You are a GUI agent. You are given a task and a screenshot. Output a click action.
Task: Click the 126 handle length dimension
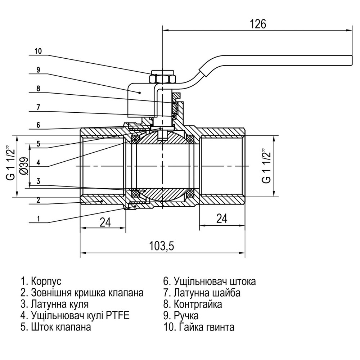pyautogui.click(x=258, y=24)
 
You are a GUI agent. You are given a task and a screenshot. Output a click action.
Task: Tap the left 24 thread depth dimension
pyautogui.click(x=104, y=222)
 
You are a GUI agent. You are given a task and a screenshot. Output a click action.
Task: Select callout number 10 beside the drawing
pyautogui.click(x=38, y=51)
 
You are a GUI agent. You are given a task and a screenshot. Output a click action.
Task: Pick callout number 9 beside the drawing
pyautogui.click(x=38, y=70)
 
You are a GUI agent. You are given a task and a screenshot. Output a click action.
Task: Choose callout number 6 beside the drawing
pyautogui.click(x=38, y=125)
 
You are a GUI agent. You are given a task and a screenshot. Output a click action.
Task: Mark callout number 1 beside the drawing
pyautogui.click(x=38, y=218)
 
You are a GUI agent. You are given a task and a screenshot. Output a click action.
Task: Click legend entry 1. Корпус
pyautogui.click(x=41, y=281)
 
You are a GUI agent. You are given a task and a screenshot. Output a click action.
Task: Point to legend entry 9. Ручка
pyautogui.click(x=181, y=316)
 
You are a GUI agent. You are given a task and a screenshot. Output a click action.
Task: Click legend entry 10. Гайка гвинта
pyautogui.click(x=199, y=327)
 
